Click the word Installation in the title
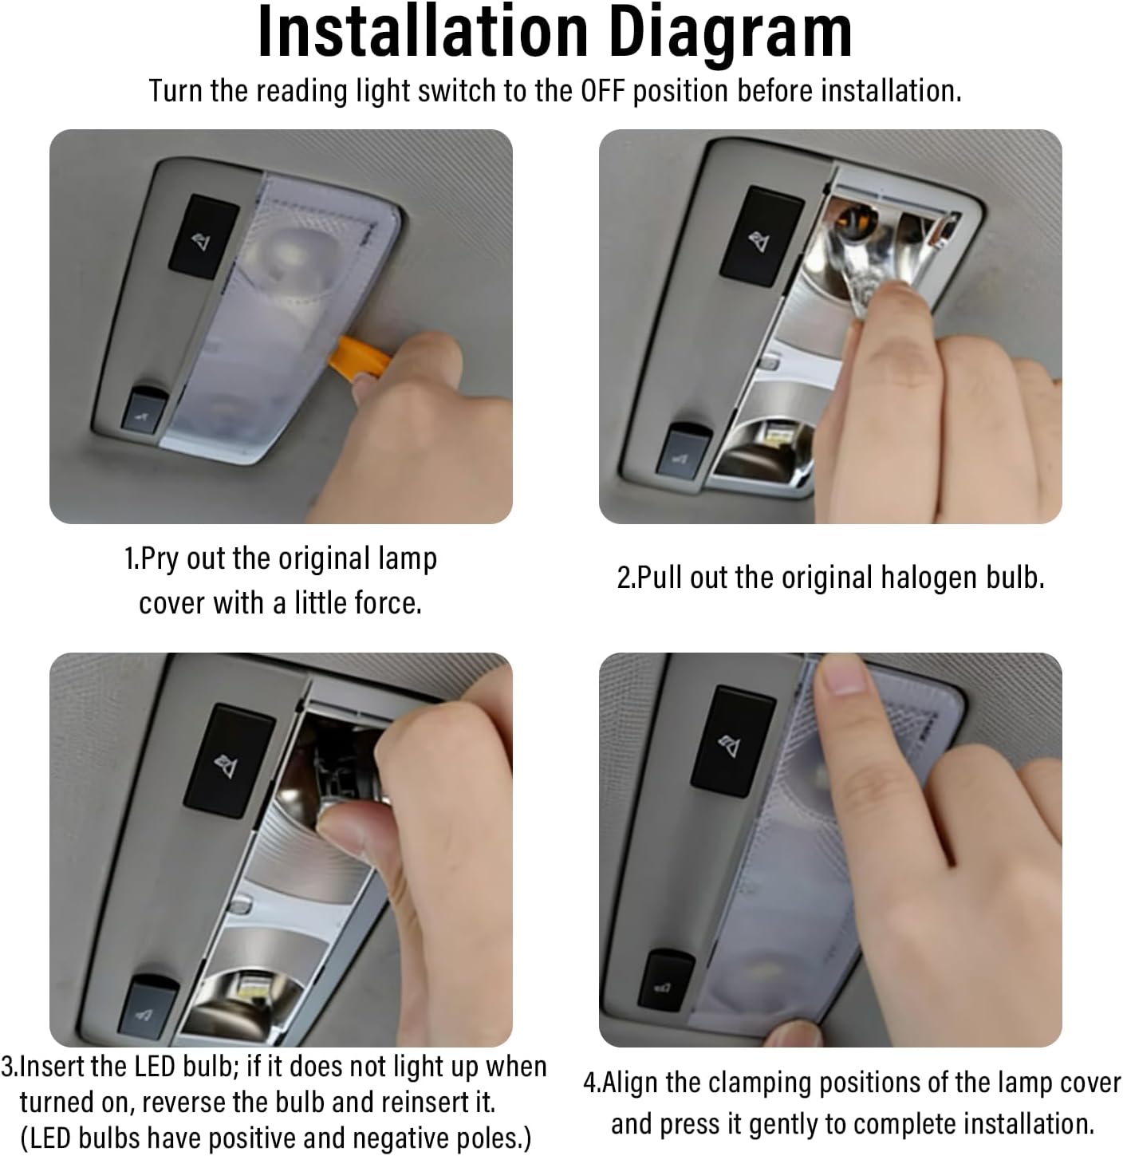tap(423, 31)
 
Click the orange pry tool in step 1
tap(359, 357)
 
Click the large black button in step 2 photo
tap(761, 236)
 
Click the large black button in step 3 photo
tap(229, 761)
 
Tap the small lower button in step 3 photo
tap(148, 1007)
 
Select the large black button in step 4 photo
tap(733, 740)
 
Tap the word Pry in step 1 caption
tap(160, 559)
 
